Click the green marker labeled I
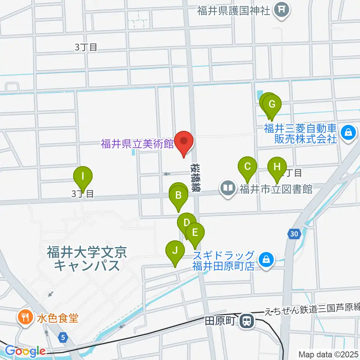pyautogui.click(x=82, y=175)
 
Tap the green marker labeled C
pyautogui.click(x=247, y=166)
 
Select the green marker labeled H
pyautogui.click(x=277, y=166)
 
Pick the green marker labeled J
pyautogui.click(x=175, y=250)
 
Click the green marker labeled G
pyautogui.click(x=272, y=103)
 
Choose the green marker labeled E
pyautogui.click(x=195, y=232)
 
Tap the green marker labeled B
pyautogui.click(x=179, y=195)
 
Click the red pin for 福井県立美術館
pyautogui.click(x=184, y=142)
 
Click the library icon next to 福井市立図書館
pyautogui.click(x=228, y=187)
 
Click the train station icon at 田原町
pyautogui.click(x=247, y=321)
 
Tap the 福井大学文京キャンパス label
pyautogui.click(x=87, y=258)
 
